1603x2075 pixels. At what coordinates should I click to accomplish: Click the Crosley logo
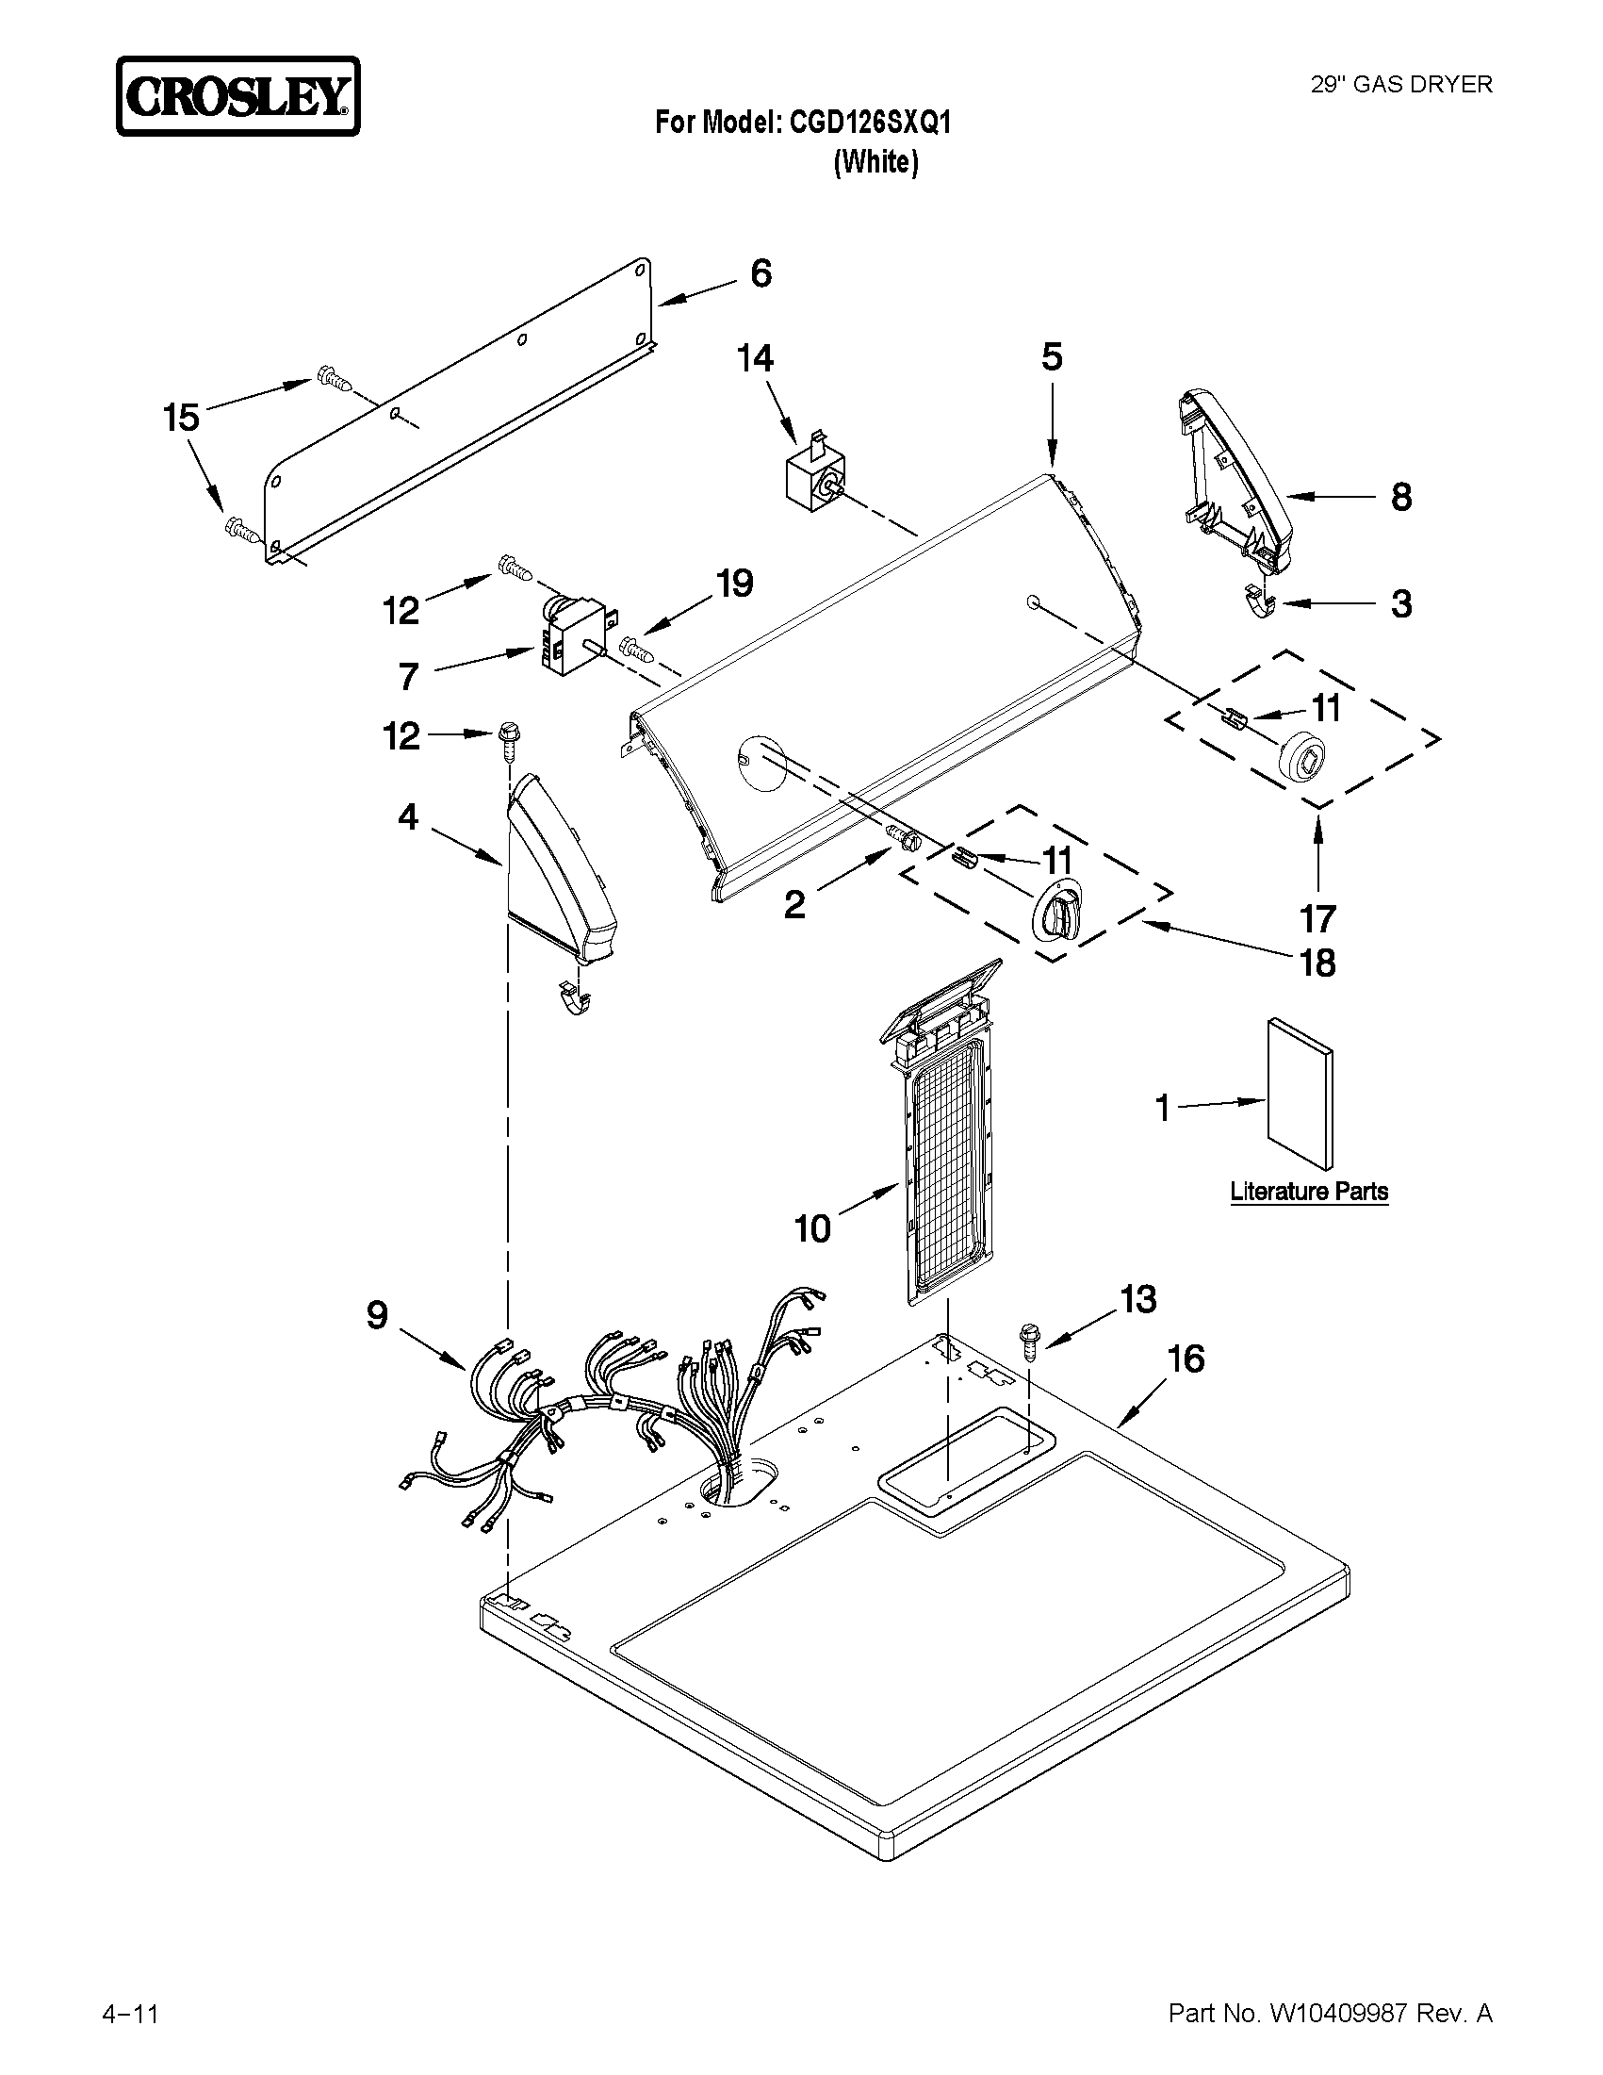click(237, 96)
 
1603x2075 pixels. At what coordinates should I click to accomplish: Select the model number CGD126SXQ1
click(870, 123)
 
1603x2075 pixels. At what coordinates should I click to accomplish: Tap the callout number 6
click(761, 273)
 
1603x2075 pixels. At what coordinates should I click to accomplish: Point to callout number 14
click(756, 358)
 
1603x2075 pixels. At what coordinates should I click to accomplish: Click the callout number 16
click(1186, 1359)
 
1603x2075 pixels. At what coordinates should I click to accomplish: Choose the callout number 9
click(377, 1316)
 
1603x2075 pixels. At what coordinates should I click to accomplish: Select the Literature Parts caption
click(1309, 1192)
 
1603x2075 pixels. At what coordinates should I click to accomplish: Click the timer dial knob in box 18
click(1055, 912)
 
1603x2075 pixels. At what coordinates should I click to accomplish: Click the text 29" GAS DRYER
click(1400, 85)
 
